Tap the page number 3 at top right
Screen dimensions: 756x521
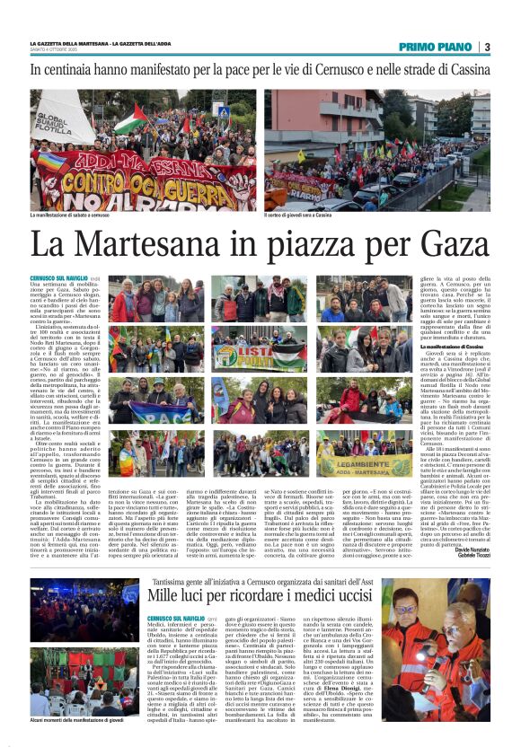486,47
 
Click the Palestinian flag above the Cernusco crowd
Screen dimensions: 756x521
131,119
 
